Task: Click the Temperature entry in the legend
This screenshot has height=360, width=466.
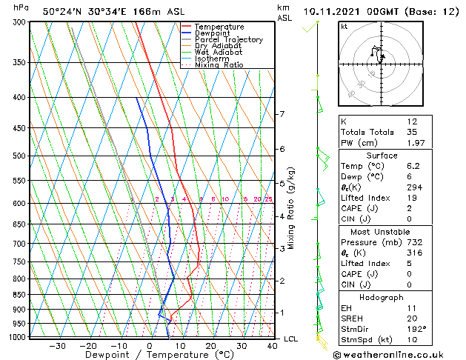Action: [x=219, y=27]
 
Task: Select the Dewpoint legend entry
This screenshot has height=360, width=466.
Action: [x=214, y=33]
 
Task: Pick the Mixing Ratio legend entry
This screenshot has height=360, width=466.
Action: [x=218, y=65]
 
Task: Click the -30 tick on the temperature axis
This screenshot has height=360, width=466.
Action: [x=56, y=345]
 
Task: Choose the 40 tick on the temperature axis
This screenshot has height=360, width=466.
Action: [x=273, y=345]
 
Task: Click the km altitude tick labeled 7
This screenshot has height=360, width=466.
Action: [x=282, y=114]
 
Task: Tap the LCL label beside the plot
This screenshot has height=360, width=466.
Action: [x=291, y=339]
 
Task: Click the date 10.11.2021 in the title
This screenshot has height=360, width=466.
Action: [x=334, y=12]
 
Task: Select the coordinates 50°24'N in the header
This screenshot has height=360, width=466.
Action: [x=65, y=12]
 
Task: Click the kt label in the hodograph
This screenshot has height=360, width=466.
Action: [x=344, y=26]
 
